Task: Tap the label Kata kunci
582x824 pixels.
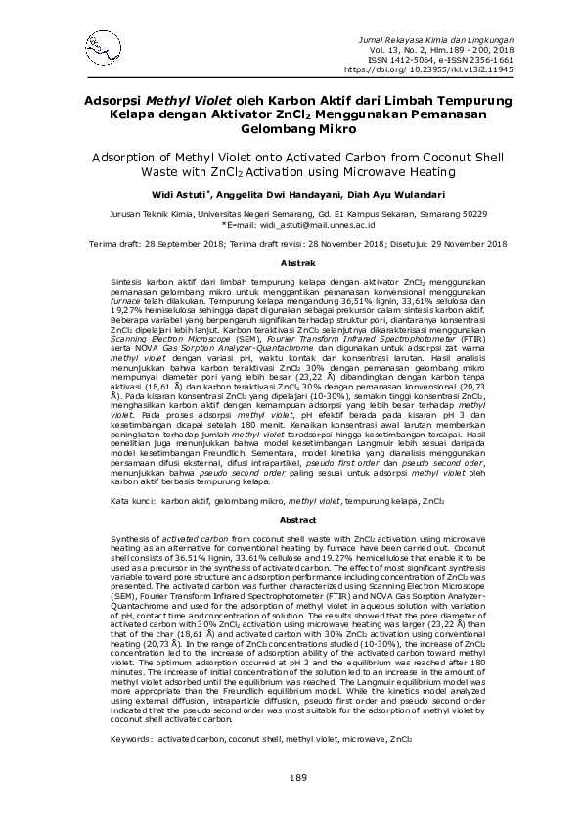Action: [x=133, y=500]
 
